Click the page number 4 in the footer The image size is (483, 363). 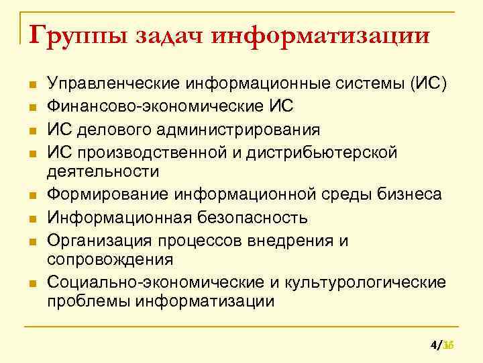click(433, 346)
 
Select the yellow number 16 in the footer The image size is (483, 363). click(449, 346)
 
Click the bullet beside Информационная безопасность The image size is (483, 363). click(31, 218)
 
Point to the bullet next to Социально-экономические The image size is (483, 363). click(31, 283)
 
